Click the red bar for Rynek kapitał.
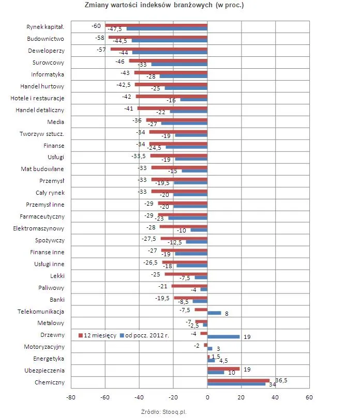pyautogui.click(x=156, y=26)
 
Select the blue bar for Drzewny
pyautogui.click(x=223, y=337)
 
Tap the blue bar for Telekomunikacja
pyautogui.click(x=214, y=313)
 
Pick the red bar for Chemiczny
pyautogui.click(x=238, y=381)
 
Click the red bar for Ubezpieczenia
pyautogui.click(x=223, y=369)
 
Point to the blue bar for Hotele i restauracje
pyautogui.click(x=194, y=100)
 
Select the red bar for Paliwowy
pyautogui.click(x=189, y=286)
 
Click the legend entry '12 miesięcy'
pyautogui.click(x=97, y=335)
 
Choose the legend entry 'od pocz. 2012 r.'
pyautogui.click(x=144, y=335)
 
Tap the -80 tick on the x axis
pyautogui.click(x=71, y=397)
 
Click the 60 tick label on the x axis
pyautogui.click(x=309, y=397)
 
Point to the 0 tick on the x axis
pyautogui.click(x=207, y=397)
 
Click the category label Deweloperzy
pyautogui.click(x=46, y=51)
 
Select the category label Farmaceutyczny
pyautogui.click(x=42, y=216)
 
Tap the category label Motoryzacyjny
pyautogui.click(x=44, y=347)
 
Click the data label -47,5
pyautogui.click(x=115, y=29)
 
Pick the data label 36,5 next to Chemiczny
pyautogui.click(x=281, y=380)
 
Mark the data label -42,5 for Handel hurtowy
pyautogui.click(x=124, y=85)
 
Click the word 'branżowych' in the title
pyautogui.click(x=193, y=5)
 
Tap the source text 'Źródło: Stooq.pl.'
pyautogui.click(x=164, y=412)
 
